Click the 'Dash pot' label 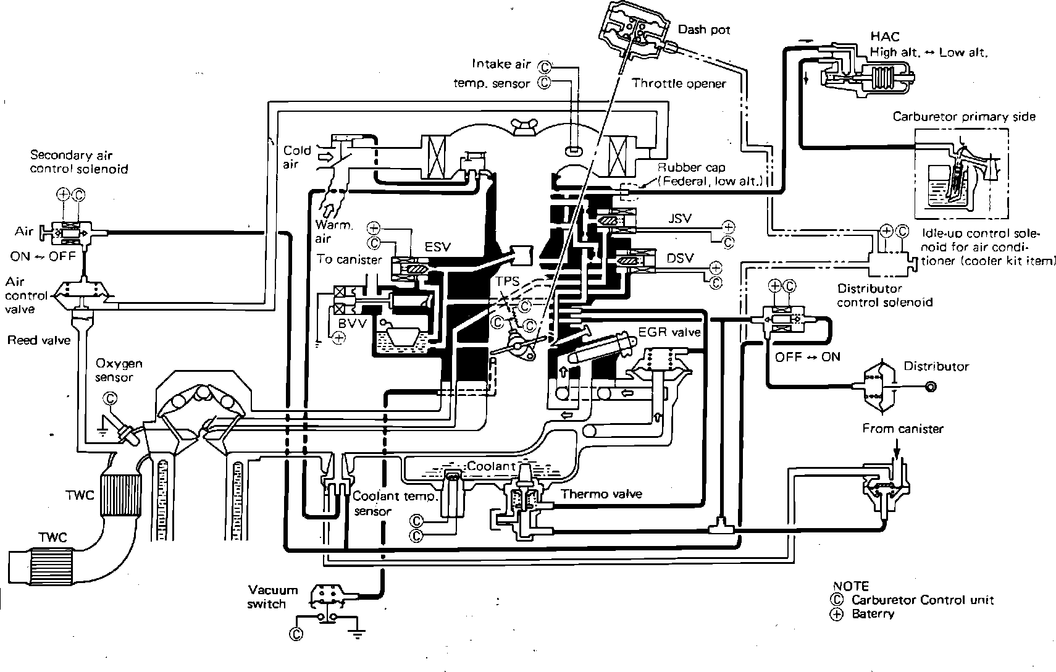coord(704,30)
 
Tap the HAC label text coord(885,36)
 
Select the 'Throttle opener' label coord(679,83)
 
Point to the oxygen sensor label coord(119,370)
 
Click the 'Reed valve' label coord(39,340)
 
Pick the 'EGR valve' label coord(669,332)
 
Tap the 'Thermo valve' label coord(601,493)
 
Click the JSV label coord(680,219)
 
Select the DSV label coord(681,258)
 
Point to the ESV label coord(437,246)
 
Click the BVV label coord(352,324)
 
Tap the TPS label coord(507,282)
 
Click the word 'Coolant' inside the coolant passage coord(491,466)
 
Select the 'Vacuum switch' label coord(267,597)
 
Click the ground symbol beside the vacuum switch coord(358,632)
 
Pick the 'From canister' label coord(903,429)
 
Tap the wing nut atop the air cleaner coord(523,127)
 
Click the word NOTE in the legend coord(851,586)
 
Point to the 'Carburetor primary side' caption coord(964,117)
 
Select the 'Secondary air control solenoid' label coord(78,162)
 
